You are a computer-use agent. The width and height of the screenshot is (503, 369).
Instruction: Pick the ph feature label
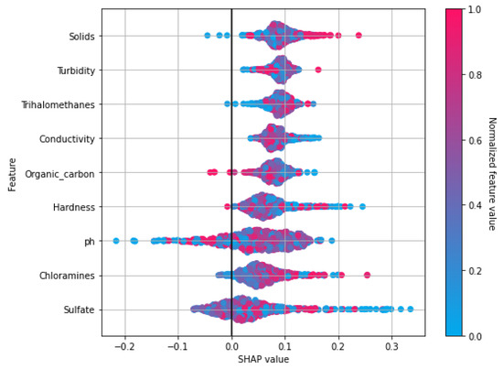point(89,241)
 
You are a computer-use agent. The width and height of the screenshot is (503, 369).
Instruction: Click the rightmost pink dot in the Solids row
point(359,36)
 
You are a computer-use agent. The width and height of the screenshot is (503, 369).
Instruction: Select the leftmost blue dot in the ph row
point(116,241)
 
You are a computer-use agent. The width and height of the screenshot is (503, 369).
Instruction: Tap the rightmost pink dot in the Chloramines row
point(367,274)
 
